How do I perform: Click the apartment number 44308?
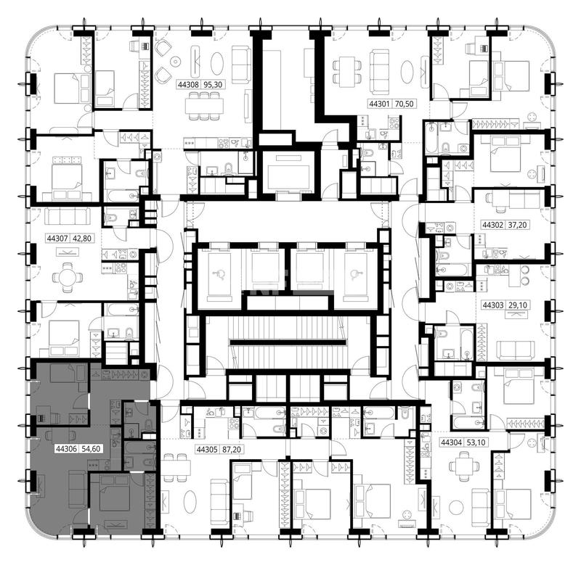tap(188, 85)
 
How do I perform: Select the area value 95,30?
tap(213, 85)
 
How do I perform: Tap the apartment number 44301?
tap(379, 104)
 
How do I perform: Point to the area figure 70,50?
tap(404, 104)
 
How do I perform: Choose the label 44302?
tap(493, 225)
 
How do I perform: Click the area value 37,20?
tap(517, 225)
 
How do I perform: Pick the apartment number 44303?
tap(493, 305)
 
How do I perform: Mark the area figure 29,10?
tap(518, 305)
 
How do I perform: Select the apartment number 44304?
tap(451, 442)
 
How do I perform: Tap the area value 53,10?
tap(476, 442)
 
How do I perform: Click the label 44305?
tap(207, 450)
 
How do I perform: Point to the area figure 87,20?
tap(232, 450)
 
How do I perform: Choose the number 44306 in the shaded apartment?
tap(66, 449)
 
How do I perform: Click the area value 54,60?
tap(91, 449)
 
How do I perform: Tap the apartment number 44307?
tap(57, 239)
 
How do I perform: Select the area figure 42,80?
tap(82, 239)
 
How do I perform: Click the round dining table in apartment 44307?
tap(68, 277)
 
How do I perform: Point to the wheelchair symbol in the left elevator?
tap(219, 274)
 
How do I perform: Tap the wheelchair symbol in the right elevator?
tap(355, 274)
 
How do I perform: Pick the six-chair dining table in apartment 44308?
tap(205, 106)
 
